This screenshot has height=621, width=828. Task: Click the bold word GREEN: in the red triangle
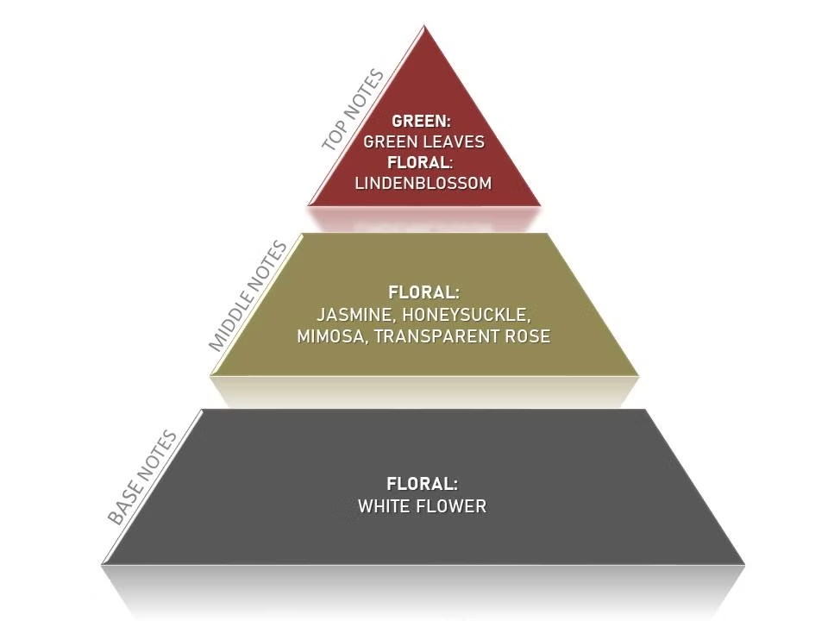pyautogui.click(x=422, y=121)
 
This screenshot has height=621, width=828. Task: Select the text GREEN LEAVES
pyautogui.click(x=424, y=141)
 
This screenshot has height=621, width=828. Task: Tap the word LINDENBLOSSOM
pyautogui.click(x=423, y=183)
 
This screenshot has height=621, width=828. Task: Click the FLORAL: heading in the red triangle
pyautogui.click(x=420, y=163)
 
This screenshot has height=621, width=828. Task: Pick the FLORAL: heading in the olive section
pyautogui.click(x=424, y=292)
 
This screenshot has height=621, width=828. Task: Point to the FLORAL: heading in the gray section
pyautogui.click(x=423, y=484)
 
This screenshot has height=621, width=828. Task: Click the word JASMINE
pyautogui.click(x=354, y=316)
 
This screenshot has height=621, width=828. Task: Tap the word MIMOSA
pyautogui.click(x=330, y=336)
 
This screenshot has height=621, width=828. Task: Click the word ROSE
pyautogui.click(x=528, y=336)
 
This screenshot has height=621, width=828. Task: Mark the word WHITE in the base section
pyautogui.click(x=385, y=506)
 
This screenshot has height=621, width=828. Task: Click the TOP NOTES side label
pyautogui.click(x=354, y=110)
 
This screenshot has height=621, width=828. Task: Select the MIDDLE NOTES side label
pyautogui.click(x=248, y=296)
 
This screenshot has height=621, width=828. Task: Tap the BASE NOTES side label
pyautogui.click(x=142, y=477)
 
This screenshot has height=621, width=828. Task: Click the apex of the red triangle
pyautogui.click(x=424, y=25)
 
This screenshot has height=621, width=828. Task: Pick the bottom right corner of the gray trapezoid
pyautogui.click(x=744, y=564)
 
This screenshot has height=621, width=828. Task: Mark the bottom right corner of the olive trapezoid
pyautogui.click(x=639, y=375)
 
